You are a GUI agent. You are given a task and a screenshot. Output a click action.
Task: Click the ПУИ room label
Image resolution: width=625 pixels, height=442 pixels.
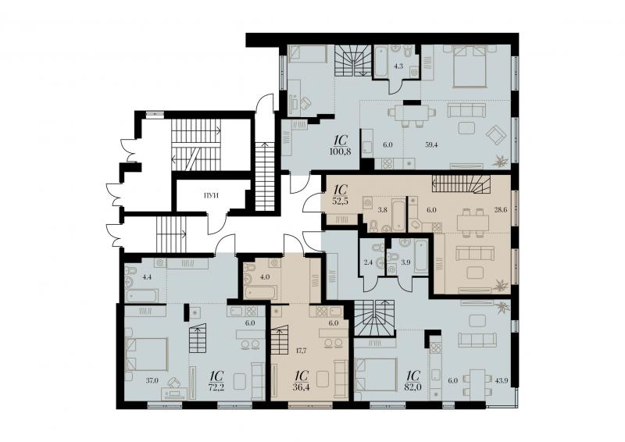pos(211,196)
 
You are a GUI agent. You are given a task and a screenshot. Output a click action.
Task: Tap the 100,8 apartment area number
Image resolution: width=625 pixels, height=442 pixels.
pos(341,151)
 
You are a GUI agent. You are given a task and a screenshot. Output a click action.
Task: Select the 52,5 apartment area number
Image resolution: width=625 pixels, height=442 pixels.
pos(341,201)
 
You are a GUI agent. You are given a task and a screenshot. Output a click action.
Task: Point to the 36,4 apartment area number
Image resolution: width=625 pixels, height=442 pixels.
pos(302,387)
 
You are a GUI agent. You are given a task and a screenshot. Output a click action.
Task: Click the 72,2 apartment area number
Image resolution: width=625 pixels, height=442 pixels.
pos(216,387)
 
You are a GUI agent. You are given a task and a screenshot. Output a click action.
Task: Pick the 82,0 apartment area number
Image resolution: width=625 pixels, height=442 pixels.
pos(413,387)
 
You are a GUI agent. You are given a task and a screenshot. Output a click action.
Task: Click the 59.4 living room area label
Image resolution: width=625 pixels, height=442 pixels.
pos(431,145)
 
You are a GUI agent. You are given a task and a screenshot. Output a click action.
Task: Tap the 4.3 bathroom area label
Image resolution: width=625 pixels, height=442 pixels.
pos(399,66)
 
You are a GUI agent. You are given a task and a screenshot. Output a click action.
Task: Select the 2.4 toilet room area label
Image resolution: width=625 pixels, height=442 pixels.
pos(367,262)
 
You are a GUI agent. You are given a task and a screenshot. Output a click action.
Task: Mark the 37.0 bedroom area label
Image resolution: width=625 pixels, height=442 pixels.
pos(152,380)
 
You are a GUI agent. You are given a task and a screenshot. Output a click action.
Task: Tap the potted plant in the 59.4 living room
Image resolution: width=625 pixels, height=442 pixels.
pos(501,162)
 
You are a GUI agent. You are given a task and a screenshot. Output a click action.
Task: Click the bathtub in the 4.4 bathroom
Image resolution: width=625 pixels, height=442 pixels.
pos(142,296)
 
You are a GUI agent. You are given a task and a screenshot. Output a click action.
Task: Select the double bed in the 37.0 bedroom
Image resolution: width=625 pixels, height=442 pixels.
pos(146,355)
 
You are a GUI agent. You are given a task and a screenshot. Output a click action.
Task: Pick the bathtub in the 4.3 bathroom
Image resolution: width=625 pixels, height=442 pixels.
pos(380,62)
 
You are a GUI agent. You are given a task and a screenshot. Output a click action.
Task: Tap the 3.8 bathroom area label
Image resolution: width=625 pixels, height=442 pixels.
pos(371,209)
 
